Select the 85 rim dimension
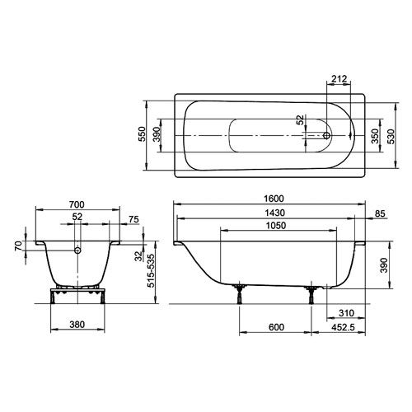pos(380,214)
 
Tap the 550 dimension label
pos(142,135)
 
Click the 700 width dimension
pos(77,203)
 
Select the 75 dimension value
pos(134,218)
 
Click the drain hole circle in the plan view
pos(327,134)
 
